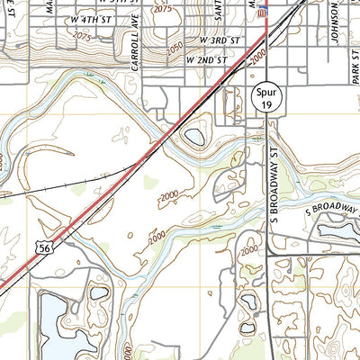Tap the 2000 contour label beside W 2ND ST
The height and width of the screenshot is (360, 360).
tap(259, 58)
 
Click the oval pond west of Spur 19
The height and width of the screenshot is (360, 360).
tap(193, 138)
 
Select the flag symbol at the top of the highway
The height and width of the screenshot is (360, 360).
tap(263, 10)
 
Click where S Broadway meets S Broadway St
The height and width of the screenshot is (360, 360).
tap(270, 235)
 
